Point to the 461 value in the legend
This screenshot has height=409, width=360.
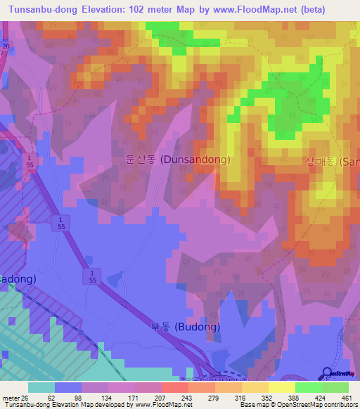(345, 397)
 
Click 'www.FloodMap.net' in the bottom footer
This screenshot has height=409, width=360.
(162, 405)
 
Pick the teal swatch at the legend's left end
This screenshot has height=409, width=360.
(41, 387)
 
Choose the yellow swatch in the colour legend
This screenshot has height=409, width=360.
(281, 387)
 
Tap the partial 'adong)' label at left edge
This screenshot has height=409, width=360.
(18, 278)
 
